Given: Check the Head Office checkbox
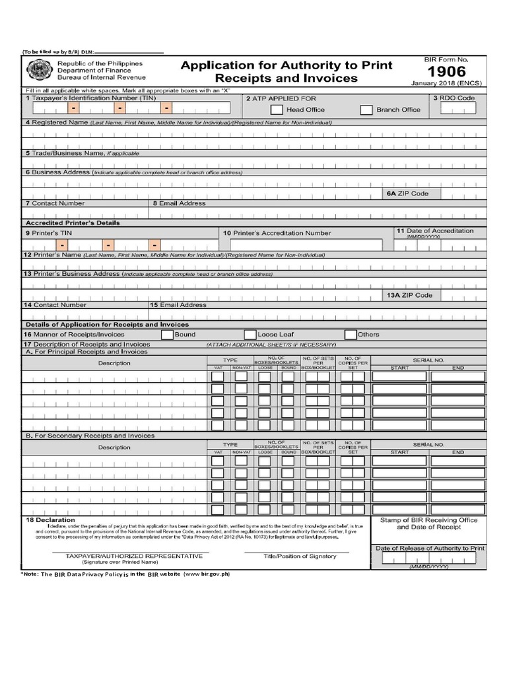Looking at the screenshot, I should (277, 110).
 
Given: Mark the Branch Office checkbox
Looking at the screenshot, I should (366, 110).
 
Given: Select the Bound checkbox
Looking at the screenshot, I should (167, 335).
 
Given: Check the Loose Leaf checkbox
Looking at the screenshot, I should (250, 335).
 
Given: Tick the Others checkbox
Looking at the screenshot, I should (351, 335).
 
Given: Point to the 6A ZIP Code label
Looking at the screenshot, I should (408, 193).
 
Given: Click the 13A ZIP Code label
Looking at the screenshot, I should (409, 295).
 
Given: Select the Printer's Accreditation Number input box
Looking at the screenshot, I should (302, 245).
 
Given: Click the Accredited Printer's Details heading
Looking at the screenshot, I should (73, 223).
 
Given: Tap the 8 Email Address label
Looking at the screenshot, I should (179, 203).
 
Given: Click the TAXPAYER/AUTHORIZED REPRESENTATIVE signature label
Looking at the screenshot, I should (128, 556).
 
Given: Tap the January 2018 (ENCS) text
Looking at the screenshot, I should (446, 84).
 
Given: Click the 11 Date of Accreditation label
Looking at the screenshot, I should (434, 231).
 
